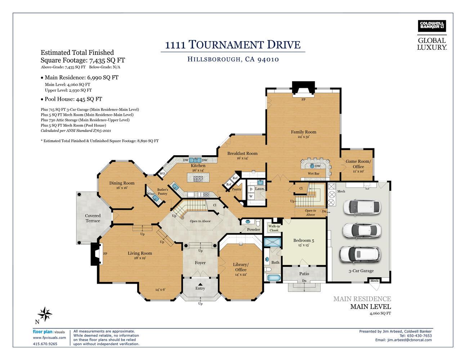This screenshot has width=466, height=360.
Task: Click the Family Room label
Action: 303,132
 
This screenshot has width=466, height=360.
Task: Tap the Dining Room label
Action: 122,183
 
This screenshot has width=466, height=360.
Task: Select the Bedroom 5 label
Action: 303,240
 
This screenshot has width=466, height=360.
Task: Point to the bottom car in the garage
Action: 359,254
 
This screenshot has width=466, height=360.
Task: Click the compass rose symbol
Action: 45,314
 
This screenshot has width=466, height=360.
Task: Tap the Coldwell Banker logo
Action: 432,26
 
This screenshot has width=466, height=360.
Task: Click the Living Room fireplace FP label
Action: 105,254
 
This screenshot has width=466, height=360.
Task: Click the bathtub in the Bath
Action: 274,278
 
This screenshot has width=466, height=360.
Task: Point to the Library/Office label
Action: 241,267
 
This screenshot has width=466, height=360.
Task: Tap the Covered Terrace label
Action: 93,218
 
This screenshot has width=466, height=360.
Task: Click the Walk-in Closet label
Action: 274,228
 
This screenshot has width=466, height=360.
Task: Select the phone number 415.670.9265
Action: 45,344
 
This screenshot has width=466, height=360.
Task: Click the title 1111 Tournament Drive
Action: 233,45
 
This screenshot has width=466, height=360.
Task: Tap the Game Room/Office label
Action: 358,164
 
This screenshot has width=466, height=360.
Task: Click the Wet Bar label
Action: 313,174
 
